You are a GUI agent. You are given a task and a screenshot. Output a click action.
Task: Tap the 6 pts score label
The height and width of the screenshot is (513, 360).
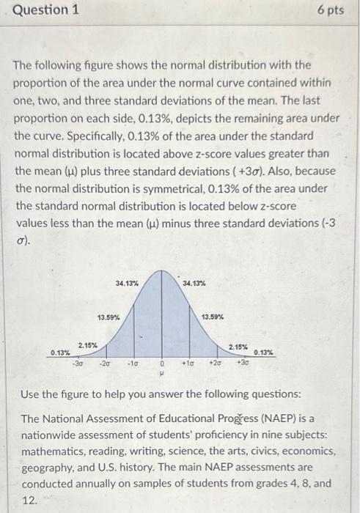point(331,11)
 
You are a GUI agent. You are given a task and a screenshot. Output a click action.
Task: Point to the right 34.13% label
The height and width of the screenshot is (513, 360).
point(194,282)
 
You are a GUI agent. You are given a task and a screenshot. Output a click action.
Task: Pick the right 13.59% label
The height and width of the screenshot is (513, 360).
point(213,317)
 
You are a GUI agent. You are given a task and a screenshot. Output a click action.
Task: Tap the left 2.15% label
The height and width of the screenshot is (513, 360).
point(89,344)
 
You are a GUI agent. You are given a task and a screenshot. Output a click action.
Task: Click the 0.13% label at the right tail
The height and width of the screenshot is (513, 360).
point(264,353)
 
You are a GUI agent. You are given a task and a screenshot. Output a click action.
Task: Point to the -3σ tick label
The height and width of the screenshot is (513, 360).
point(78,361)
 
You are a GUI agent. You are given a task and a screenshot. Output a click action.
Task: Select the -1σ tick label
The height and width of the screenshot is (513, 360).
point(133,362)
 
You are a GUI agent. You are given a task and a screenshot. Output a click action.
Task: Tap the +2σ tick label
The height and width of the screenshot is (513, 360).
point(215,362)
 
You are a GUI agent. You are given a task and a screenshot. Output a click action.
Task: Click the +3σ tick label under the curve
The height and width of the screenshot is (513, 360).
point(243,361)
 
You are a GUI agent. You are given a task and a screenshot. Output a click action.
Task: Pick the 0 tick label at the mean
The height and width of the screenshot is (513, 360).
point(161,363)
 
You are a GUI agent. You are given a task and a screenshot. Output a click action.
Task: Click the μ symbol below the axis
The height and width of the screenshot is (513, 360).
point(161,372)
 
